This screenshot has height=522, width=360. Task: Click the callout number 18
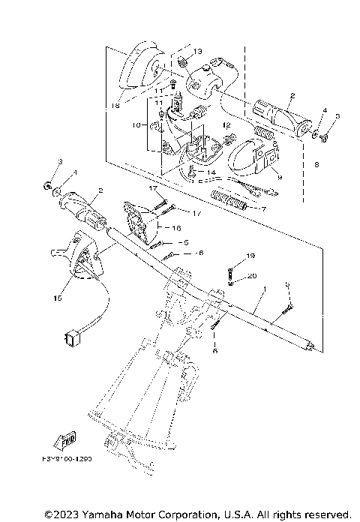(115, 107)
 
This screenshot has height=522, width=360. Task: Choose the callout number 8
(319, 163)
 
